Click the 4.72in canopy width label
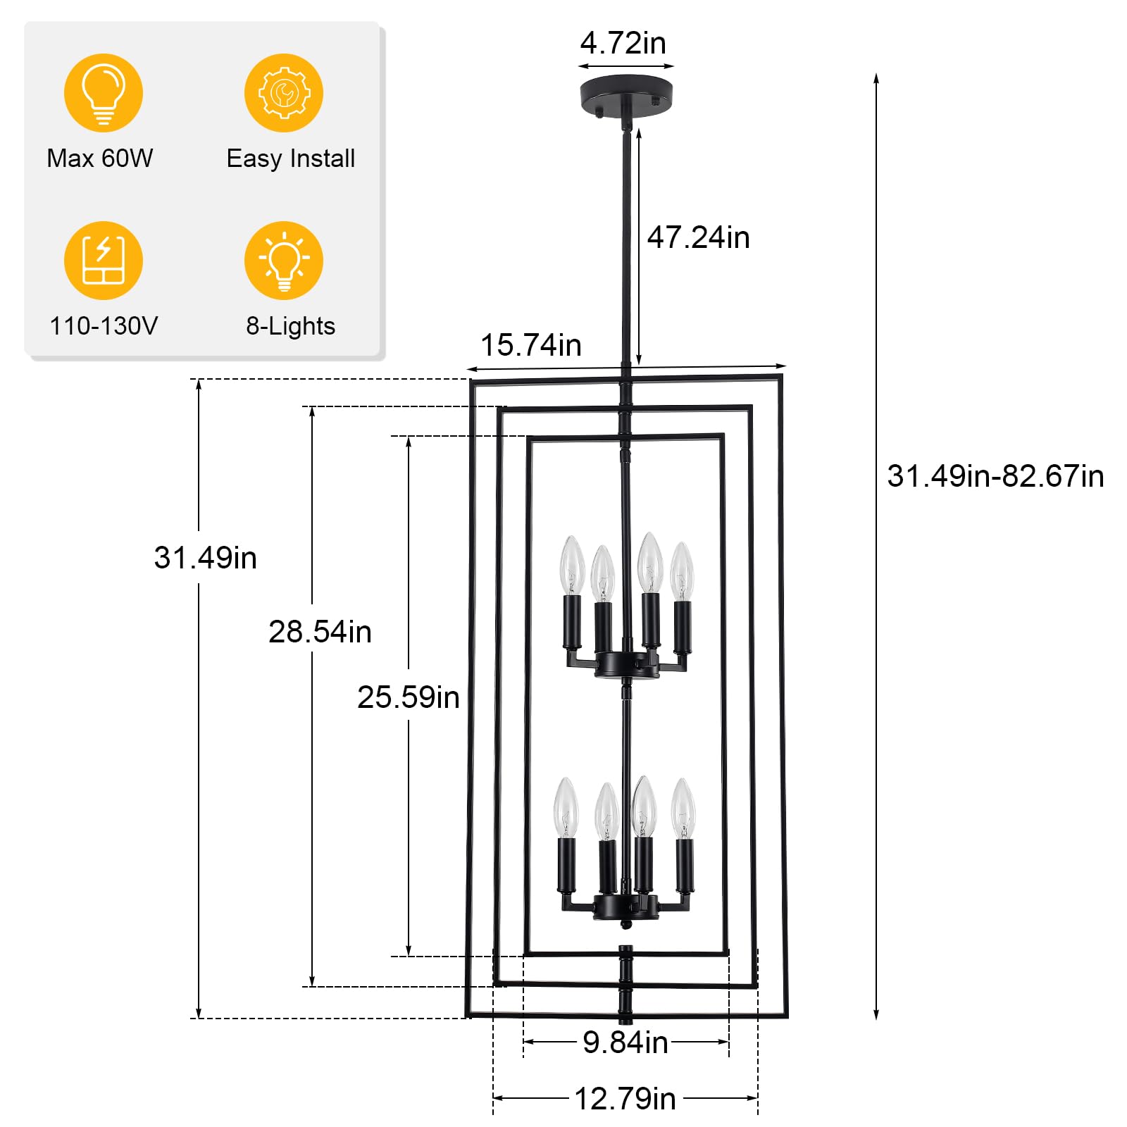[623, 43]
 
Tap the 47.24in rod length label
[698, 237]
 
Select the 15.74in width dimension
[531, 345]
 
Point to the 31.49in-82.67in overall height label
[995, 476]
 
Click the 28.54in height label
[320, 632]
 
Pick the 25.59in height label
[409, 697]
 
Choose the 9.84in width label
[625, 1042]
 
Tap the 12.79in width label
[625, 1099]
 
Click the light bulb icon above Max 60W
[104, 93]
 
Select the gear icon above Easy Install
[284, 93]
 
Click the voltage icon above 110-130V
[104, 261]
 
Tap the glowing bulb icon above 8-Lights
[284, 261]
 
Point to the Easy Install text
[291, 158]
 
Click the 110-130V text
[104, 326]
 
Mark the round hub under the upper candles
[627, 664]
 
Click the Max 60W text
[100, 158]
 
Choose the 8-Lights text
[290, 326]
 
